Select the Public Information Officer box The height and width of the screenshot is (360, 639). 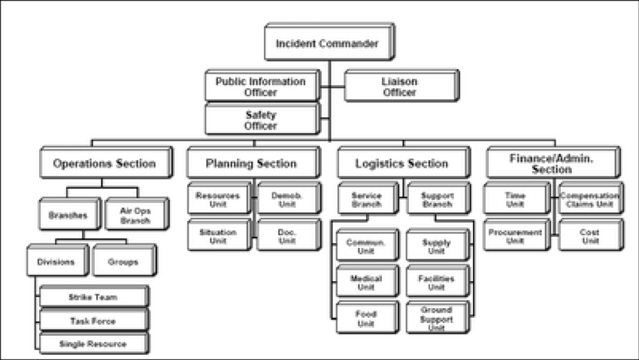tap(260, 86)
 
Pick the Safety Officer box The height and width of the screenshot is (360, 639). tap(260, 120)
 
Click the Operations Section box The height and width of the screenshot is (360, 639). tap(104, 163)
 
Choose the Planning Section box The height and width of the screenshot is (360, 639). tap(251, 163)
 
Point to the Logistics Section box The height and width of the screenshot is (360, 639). tap(402, 163)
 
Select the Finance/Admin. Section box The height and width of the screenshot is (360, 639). tap(552, 163)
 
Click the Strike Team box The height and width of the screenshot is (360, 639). tap(94, 297)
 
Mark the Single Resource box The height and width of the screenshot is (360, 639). tap(94, 343)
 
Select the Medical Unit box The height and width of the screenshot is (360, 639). tap(365, 282)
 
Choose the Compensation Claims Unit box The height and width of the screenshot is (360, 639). tap(589, 199)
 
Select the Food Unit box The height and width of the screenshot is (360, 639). tap(365, 318)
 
